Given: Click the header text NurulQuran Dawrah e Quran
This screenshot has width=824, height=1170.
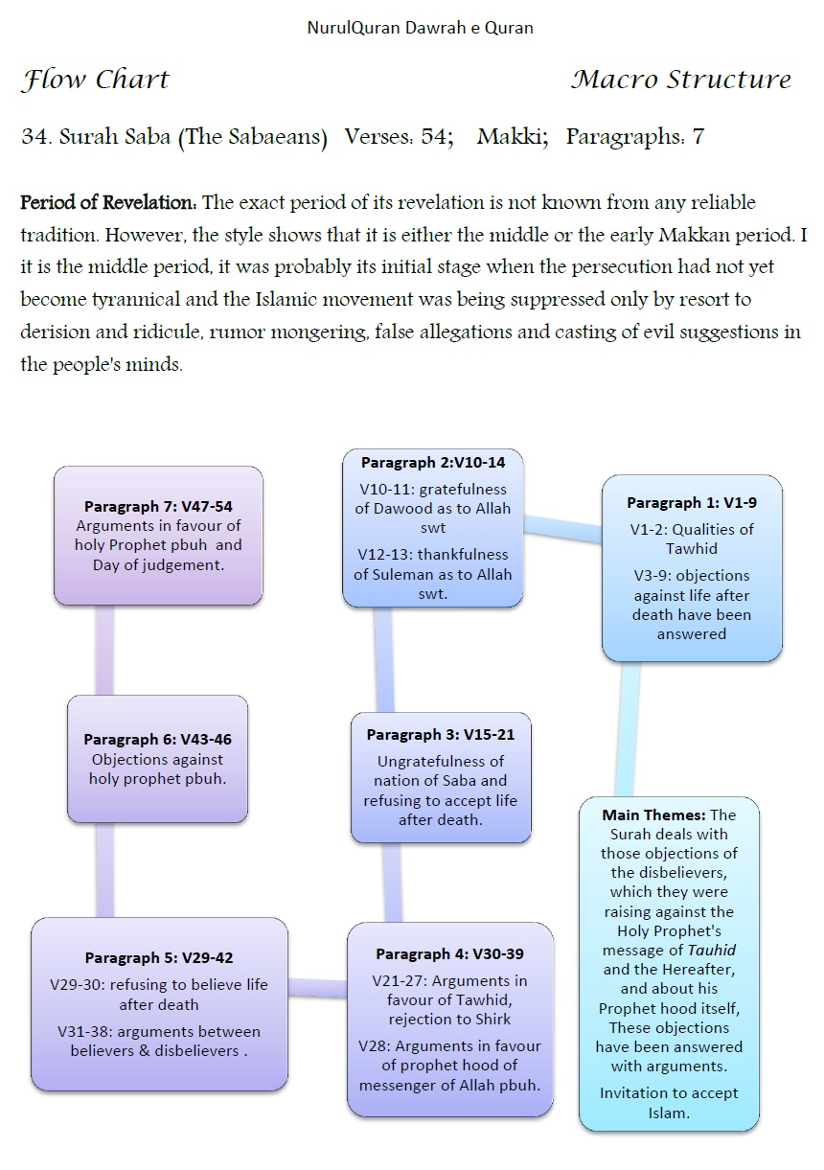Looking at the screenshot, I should (x=420, y=28).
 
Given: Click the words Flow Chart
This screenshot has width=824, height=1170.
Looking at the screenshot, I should (x=95, y=80).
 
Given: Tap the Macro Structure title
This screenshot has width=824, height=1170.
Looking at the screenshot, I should (x=681, y=80).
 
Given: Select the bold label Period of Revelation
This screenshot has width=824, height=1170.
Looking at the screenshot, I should (x=108, y=203).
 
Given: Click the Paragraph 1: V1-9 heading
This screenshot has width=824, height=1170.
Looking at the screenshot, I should (x=692, y=502).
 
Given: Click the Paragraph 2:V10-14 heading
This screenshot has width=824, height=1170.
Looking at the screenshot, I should (x=433, y=462).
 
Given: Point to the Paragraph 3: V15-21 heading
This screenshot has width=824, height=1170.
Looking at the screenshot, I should (x=441, y=735).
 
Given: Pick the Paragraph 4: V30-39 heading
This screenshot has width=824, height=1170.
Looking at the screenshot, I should (x=449, y=954).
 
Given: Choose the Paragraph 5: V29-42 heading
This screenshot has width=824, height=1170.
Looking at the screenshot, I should (x=159, y=957).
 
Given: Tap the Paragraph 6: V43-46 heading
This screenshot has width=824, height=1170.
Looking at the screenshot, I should (x=157, y=740).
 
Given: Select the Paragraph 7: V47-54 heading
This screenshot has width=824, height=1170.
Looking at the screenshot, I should (x=158, y=506).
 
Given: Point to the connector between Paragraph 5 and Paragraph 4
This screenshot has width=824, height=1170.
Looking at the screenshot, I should (x=317, y=988).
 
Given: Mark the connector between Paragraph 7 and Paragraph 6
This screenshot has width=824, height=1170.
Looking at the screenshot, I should (x=105, y=651).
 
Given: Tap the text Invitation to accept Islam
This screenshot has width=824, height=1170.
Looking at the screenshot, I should (x=669, y=1103).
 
